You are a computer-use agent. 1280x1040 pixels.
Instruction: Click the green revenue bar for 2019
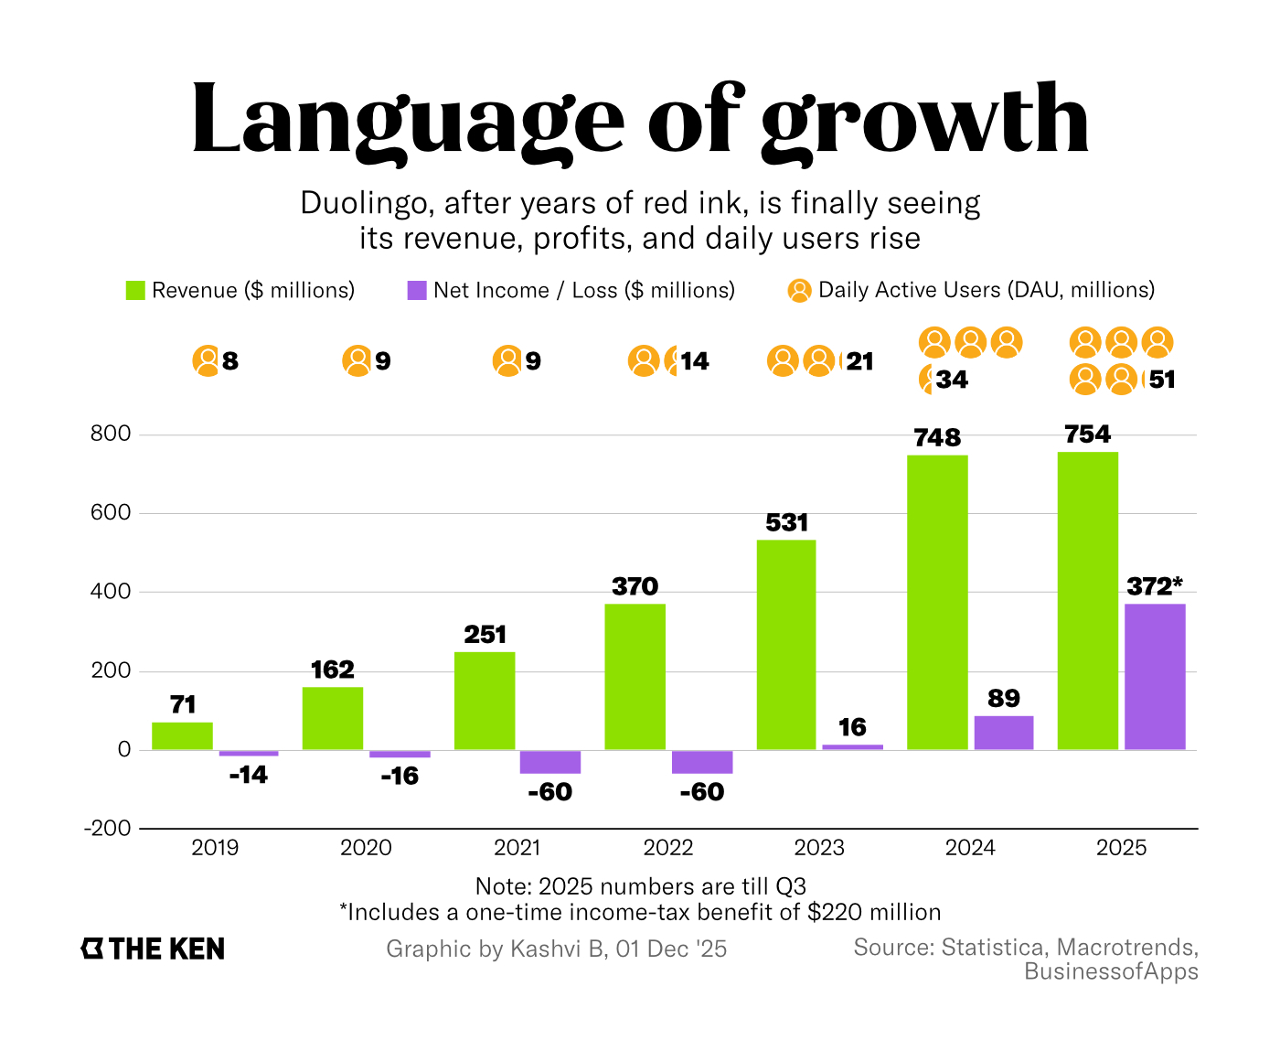[182, 736]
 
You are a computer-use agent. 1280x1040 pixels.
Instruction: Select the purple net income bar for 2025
[1155, 677]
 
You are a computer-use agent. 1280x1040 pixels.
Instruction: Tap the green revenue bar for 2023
[786, 645]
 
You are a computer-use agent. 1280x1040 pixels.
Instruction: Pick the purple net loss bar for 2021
[549, 762]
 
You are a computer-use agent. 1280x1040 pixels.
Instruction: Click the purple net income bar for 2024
[1004, 733]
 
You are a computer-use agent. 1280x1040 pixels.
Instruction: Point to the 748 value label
[937, 438]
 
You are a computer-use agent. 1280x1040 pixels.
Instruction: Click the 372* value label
[1155, 586]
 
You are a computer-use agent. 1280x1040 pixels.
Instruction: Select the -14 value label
[248, 776]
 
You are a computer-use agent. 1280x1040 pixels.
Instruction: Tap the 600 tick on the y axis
[111, 512]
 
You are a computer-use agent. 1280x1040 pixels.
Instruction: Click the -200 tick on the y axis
[108, 828]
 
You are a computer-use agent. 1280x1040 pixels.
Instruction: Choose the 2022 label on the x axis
[668, 848]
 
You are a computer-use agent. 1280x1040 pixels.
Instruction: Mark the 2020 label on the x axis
[366, 848]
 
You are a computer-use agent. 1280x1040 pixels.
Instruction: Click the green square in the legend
[135, 291]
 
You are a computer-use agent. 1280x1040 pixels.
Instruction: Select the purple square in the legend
[417, 291]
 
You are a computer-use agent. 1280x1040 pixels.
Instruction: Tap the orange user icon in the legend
[799, 291]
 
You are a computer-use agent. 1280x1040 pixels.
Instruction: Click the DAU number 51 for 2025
[1162, 380]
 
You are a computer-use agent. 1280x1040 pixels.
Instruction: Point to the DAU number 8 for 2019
[230, 361]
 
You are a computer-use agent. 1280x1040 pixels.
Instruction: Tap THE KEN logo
[153, 949]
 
